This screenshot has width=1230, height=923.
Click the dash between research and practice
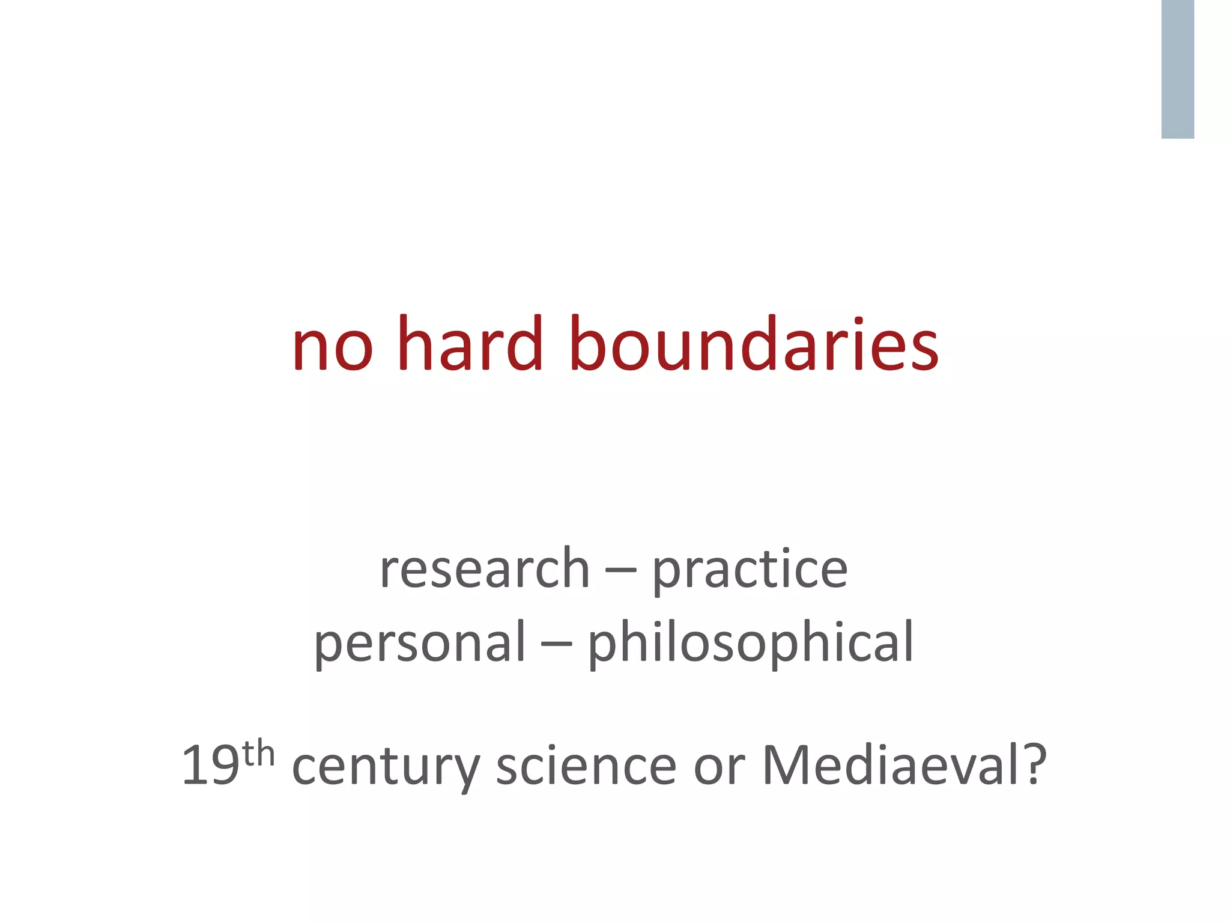point(621,571)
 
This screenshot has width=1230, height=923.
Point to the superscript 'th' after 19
point(258,754)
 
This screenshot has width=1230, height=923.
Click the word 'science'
point(586,766)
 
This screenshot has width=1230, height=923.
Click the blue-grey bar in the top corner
point(1177,69)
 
